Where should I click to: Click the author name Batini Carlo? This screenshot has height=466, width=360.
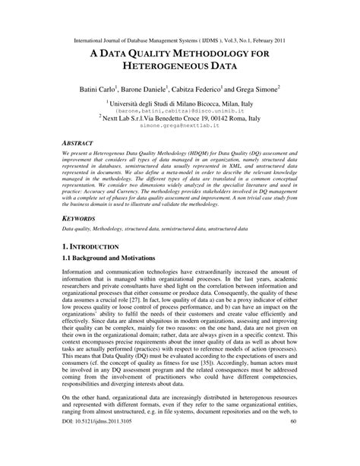[104, 90]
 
